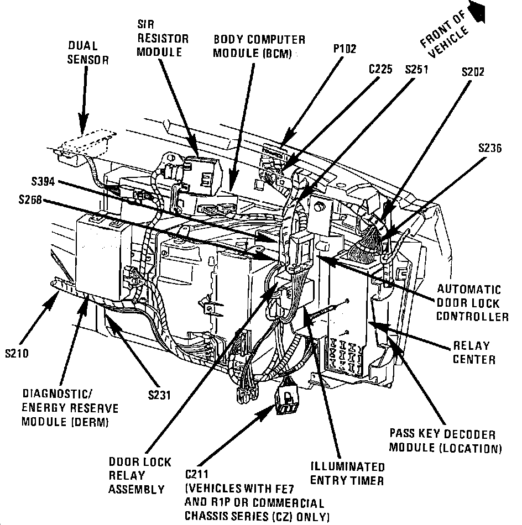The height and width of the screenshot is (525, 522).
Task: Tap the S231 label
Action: [159, 395]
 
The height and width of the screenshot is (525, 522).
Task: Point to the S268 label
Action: [28, 201]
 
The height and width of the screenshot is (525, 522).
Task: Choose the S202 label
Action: [474, 72]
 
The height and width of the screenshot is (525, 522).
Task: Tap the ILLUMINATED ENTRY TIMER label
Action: [347, 473]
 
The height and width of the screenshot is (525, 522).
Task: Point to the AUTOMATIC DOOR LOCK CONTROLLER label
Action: [472, 303]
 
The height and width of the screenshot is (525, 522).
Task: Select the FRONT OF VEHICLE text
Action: [443, 36]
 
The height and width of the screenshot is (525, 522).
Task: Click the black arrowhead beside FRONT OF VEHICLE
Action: [476, 12]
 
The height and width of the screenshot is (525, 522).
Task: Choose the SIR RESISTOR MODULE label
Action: [163, 39]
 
